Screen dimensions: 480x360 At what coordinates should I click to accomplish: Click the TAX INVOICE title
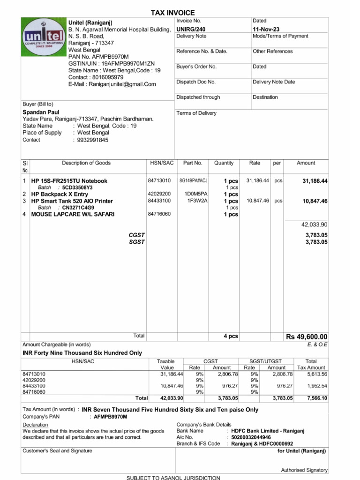tap(172, 13)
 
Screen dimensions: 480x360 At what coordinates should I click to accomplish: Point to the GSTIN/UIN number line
tap(112, 63)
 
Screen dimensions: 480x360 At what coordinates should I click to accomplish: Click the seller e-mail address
tap(112, 84)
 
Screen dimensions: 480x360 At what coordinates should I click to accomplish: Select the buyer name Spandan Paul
tap(41, 112)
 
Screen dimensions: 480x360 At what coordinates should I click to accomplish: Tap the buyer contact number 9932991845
tap(93, 140)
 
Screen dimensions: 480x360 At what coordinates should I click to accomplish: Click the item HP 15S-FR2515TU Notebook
tap(69, 181)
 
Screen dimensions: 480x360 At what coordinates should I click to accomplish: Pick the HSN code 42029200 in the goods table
tap(159, 194)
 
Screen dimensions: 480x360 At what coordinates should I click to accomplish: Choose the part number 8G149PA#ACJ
tap(194, 180)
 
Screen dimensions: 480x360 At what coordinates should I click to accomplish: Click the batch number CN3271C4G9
tap(78, 208)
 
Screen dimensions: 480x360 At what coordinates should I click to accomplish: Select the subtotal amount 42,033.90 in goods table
tap(314, 225)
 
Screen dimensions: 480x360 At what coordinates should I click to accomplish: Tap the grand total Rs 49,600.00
tap(307, 337)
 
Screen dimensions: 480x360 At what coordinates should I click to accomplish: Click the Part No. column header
tap(193, 163)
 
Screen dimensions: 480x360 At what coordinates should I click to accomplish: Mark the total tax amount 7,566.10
tap(317, 398)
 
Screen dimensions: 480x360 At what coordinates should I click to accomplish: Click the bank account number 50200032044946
tap(251, 437)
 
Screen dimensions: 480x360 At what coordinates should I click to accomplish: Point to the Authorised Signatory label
tap(304, 470)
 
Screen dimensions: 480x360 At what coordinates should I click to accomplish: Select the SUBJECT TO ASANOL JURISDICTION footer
tap(173, 478)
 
